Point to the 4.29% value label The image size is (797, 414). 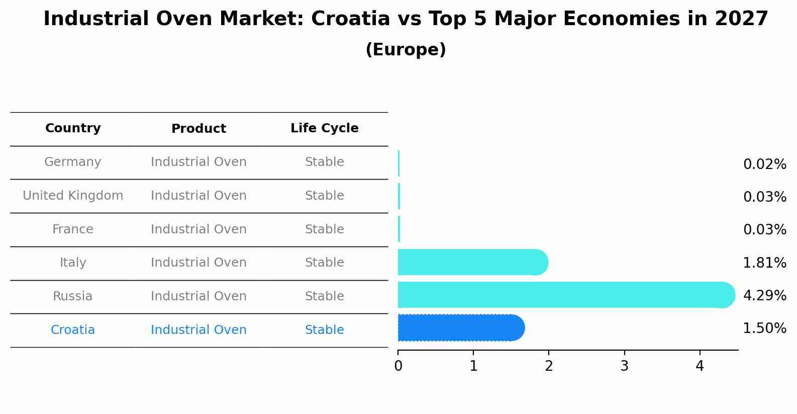click(x=764, y=296)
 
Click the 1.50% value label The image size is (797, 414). click(x=764, y=328)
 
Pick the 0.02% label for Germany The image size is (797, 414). click(x=764, y=164)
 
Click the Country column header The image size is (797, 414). click(x=73, y=128)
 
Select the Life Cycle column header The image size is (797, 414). click(x=324, y=128)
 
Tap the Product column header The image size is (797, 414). click(x=198, y=129)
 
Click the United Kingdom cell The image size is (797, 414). click(x=73, y=196)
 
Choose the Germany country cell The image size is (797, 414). click(x=73, y=162)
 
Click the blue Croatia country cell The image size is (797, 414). click(x=73, y=330)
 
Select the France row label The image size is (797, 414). click(x=73, y=229)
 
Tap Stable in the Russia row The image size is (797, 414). click(x=324, y=296)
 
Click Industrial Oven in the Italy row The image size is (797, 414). click(x=198, y=263)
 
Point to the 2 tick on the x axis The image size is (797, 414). click(x=549, y=366)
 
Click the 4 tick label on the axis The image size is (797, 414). click(x=700, y=366)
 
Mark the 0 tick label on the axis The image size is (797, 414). click(x=398, y=366)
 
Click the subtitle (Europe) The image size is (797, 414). click(x=406, y=50)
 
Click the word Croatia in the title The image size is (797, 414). click(x=350, y=19)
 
